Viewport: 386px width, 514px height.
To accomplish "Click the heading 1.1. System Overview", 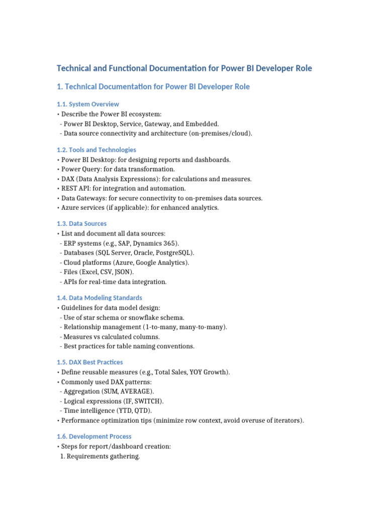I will [x=88, y=104].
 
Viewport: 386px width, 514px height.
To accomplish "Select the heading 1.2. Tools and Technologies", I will [x=96, y=150].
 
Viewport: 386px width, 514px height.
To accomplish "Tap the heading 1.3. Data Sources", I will [x=81, y=224].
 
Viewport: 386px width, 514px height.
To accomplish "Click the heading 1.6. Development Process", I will [x=94, y=437].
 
